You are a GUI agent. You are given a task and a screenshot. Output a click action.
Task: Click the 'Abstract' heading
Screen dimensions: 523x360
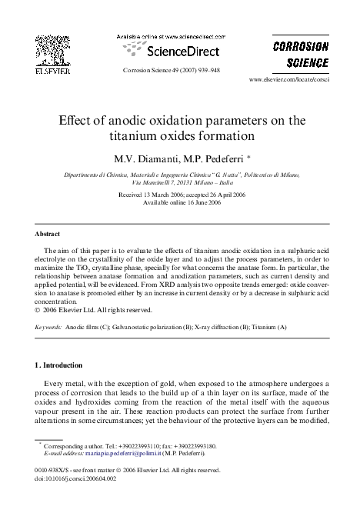point(48,233)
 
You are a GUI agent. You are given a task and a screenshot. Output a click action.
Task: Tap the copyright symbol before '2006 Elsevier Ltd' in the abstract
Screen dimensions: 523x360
point(38,310)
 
